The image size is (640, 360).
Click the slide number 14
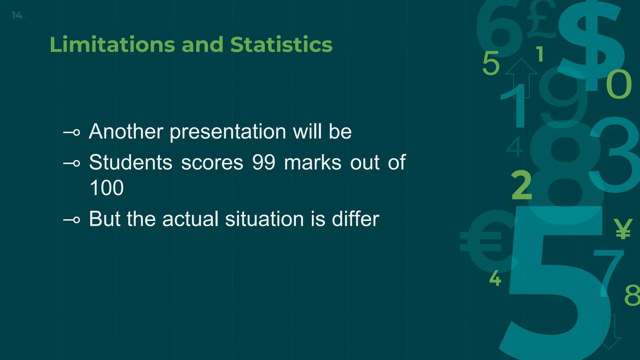(x=17, y=15)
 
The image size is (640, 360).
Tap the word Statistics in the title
(x=281, y=44)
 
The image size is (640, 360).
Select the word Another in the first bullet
(x=126, y=131)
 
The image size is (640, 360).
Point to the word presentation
(x=228, y=131)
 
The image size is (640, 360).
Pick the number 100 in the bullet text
(x=107, y=188)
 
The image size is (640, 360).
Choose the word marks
(x=312, y=162)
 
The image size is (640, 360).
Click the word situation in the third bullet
(x=264, y=219)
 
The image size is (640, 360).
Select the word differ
(x=355, y=219)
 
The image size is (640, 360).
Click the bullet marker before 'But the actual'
(x=72, y=220)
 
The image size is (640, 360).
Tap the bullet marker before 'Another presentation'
(x=72, y=132)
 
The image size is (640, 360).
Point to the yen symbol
(x=623, y=229)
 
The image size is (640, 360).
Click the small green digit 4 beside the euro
(x=495, y=278)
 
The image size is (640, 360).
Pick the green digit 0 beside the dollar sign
(x=619, y=84)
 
